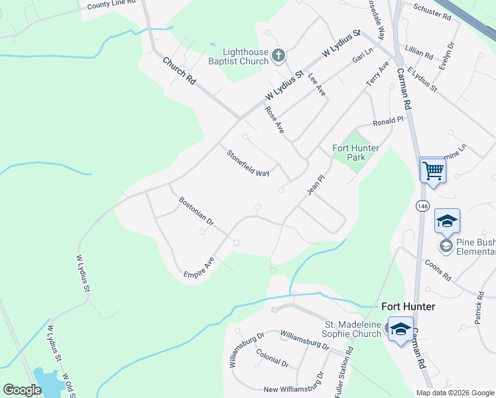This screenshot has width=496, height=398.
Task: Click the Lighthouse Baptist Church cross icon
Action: [x=279, y=56]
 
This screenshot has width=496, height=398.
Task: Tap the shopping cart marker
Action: [x=432, y=170]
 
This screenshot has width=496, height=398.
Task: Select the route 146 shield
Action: [x=422, y=206]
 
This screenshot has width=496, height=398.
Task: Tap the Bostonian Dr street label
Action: [x=196, y=210]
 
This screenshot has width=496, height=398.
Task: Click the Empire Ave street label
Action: [x=200, y=267]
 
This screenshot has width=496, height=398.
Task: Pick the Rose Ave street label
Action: [x=275, y=120]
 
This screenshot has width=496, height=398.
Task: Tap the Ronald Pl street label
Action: [x=388, y=121]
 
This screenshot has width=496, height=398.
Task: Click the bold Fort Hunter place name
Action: [x=408, y=306]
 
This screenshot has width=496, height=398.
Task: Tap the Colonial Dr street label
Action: [x=272, y=359]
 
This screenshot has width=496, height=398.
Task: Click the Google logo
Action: [x=22, y=390]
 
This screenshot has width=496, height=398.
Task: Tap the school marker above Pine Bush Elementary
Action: [x=447, y=221]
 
